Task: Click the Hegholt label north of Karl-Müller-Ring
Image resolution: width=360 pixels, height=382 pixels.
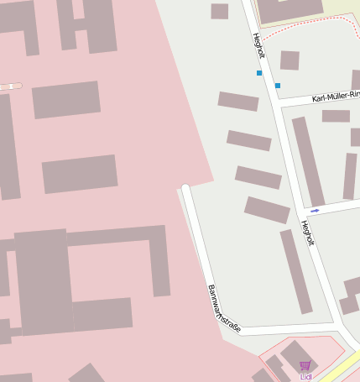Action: (258, 45)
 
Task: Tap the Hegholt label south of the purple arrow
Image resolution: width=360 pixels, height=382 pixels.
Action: (307, 233)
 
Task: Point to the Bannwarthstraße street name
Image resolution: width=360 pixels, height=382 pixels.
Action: (223, 308)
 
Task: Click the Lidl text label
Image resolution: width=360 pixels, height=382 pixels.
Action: (305, 377)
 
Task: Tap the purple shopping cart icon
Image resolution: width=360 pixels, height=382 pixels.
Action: (305, 366)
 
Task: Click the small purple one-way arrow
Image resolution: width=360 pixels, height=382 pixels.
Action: (315, 210)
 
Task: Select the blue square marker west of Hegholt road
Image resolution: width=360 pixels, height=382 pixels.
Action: (259, 73)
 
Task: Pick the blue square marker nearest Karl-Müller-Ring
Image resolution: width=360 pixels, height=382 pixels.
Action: (278, 86)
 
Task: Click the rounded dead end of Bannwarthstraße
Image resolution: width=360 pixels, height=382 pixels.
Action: (186, 189)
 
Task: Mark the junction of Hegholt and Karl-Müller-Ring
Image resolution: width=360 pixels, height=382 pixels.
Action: (279, 102)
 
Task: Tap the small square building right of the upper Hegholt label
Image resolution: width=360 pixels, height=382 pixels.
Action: (290, 60)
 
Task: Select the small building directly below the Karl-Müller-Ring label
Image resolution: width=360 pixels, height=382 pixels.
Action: (336, 116)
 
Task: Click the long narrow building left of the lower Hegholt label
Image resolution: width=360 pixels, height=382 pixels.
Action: (295, 270)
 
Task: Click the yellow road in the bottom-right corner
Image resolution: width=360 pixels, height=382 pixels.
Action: (340, 369)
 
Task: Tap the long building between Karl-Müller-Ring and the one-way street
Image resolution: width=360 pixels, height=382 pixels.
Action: (307, 161)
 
